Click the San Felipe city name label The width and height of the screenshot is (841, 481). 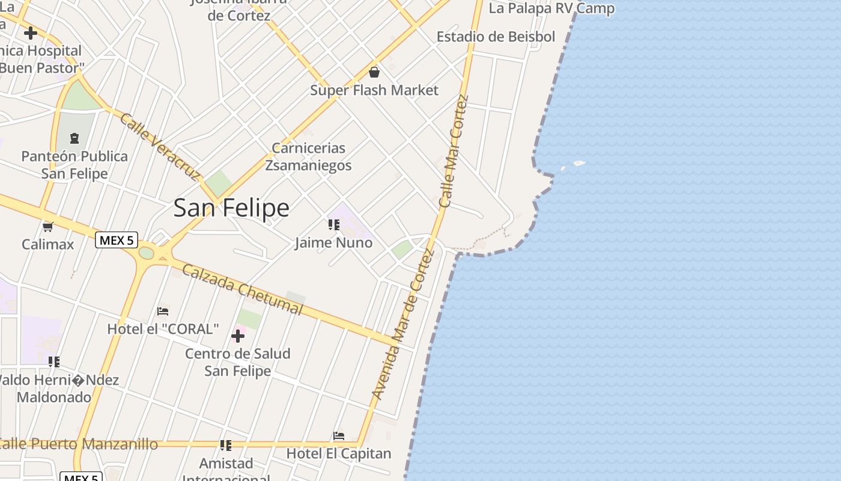[x=231, y=208]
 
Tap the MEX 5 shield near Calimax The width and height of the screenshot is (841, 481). [x=117, y=240]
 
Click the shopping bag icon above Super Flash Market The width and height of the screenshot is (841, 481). [x=374, y=73]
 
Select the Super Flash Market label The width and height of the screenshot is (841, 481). [x=374, y=90]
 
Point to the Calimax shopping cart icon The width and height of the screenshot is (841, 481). [x=48, y=227]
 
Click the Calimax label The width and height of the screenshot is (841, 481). [x=48, y=244]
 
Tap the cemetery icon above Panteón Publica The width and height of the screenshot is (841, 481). [x=74, y=139]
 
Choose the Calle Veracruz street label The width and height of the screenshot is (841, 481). [x=159, y=146]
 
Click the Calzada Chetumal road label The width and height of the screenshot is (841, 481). [x=242, y=289]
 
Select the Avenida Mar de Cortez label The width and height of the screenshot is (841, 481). [x=403, y=323]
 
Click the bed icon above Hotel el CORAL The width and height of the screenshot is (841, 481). [x=163, y=311]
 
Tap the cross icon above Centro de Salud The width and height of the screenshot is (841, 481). [x=238, y=335]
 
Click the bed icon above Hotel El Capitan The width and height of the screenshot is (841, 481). [x=339, y=436]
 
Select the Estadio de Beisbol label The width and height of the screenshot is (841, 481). [x=496, y=37]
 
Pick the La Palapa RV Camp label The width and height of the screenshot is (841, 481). [x=551, y=8]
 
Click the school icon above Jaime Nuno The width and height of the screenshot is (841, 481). [x=334, y=225]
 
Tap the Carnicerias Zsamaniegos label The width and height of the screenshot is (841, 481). [x=309, y=156]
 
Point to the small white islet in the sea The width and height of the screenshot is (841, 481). [x=579, y=163]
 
